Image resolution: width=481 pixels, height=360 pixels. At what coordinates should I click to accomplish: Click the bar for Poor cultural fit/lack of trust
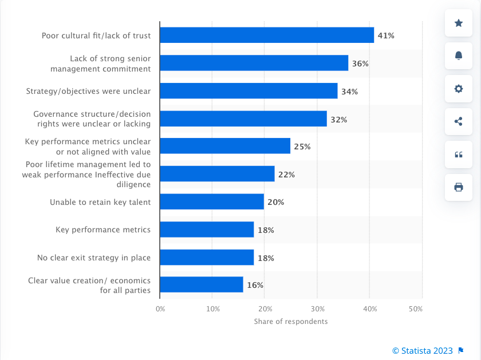coord(266,35)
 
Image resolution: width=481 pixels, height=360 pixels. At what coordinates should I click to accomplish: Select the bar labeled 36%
coord(254,63)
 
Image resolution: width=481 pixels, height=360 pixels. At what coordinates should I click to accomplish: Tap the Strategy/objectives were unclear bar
coord(249,91)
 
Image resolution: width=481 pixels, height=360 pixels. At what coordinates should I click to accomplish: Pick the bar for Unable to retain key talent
coord(212,201)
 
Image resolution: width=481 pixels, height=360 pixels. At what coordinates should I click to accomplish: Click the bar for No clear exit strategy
coord(207,258)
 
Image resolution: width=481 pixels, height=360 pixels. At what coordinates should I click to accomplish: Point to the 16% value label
coord(255,285)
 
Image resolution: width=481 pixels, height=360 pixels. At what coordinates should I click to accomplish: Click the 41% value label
coord(386,35)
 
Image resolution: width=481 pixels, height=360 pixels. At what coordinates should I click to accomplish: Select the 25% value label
coord(302,147)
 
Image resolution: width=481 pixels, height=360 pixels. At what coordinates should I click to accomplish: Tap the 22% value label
coord(286,175)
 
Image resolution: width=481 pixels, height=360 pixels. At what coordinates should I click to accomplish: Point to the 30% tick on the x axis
coord(317,309)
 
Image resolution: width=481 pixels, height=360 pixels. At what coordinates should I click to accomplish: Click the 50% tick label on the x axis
coord(416,309)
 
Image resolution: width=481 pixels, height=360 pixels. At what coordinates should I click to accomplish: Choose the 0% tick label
coord(161,309)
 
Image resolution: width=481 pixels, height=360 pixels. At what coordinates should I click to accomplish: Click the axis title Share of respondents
coord(291,322)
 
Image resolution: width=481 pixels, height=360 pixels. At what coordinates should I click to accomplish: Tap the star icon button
coord(459,23)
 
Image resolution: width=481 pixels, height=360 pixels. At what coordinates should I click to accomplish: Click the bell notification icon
coord(459,56)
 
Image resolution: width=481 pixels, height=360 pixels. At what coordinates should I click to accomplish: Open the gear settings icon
coord(459,89)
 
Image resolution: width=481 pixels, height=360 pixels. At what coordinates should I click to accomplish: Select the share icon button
coord(459,121)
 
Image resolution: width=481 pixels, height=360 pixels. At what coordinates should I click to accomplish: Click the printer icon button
coord(459,187)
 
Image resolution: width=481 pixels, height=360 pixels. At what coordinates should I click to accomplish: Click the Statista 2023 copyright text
coord(423,351)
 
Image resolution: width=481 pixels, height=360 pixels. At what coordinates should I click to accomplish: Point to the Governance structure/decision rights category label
coord(92,118)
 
